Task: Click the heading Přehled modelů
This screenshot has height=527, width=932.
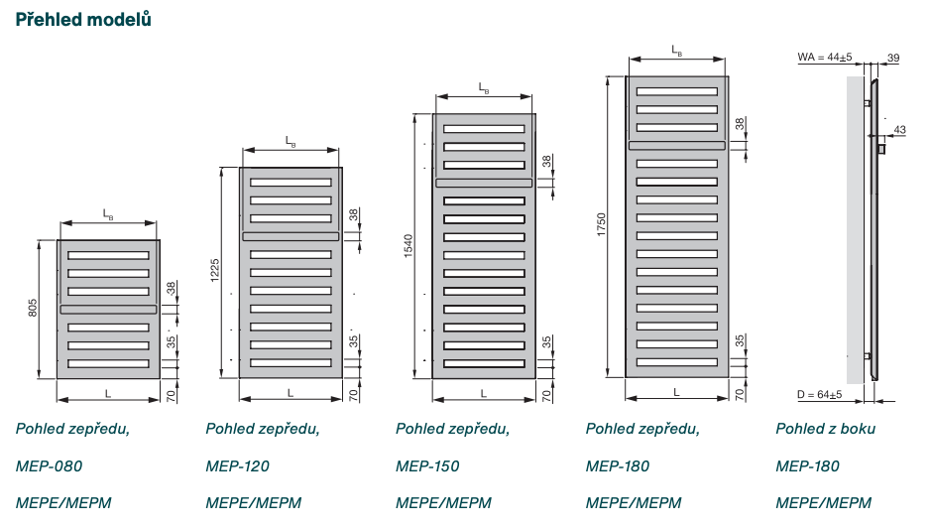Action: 83,19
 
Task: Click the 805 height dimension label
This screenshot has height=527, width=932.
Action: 33,309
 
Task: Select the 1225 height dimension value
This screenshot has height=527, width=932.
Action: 216,271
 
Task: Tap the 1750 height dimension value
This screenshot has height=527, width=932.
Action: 601,225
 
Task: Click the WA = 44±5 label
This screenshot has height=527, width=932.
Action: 825,59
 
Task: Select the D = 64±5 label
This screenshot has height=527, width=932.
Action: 819,394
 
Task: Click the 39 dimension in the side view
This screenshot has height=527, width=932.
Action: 893,59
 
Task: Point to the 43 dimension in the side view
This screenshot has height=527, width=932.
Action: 899,130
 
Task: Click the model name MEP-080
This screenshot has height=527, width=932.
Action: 49,465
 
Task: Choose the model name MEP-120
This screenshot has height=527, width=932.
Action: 238,465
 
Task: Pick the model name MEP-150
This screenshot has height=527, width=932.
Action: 427,465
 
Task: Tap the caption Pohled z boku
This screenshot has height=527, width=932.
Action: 825,429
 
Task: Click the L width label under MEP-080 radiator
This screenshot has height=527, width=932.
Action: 108,393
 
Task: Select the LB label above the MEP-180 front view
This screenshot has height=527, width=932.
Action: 676,50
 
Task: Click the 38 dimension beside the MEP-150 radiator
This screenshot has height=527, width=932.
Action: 545,161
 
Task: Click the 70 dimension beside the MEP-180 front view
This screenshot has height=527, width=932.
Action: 740,394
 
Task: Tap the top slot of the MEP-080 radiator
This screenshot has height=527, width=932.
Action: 108,255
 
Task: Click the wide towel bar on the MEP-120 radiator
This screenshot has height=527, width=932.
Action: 291,236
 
